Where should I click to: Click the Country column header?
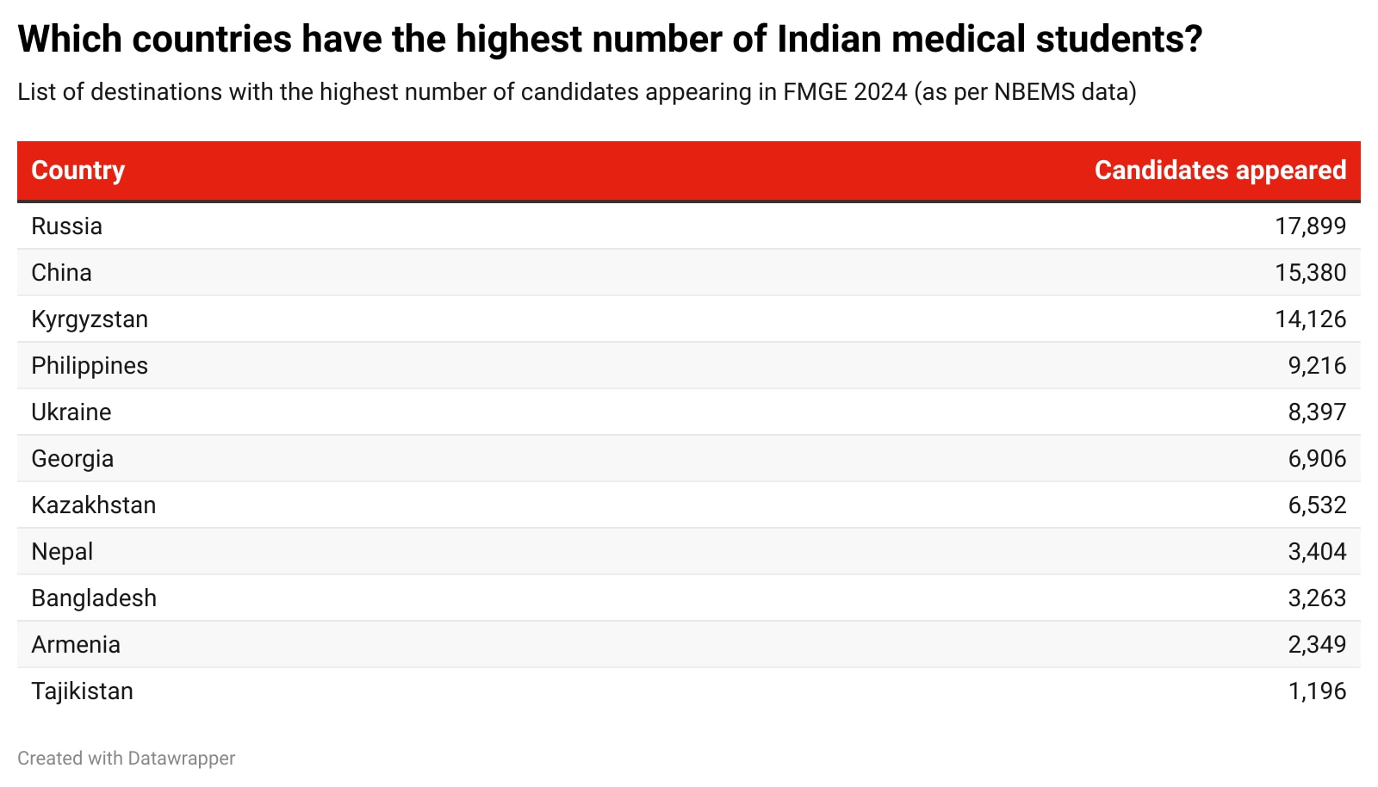pyautogui.click(x=78, y=170)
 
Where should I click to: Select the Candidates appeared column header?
pyautogui.click(x=1220, y=170)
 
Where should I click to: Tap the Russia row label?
pyautogui.click(x=67, y=226)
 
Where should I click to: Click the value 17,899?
pyautogui.click(x=1310, y=226)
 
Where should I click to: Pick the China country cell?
pyautogui.click(x=62, y=273)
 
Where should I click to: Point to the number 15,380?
pyautogui.click(x=1310, y=273)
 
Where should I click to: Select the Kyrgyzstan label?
pyautogui.click(x=90, y=319)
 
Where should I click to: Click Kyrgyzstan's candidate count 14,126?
pyautogui.click(x=1310, y=319)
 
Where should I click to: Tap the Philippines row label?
pyautogui.click(x=90, y=366)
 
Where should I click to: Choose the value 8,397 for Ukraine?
pyautogui.click(x=1317, y=412)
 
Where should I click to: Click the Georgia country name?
pyautogui.click(x=72, y=459)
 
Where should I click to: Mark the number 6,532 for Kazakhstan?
pyautogui.click(x=1317, y=505)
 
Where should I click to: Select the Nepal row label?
pyautogui.click(x=62, y=552)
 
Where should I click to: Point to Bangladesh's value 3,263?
pyautogui.click(x=1317, y=598)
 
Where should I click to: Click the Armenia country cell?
pyautogui.click(x=76, y=645)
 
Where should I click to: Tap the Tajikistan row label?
pyautogui.click(x=83, y=691)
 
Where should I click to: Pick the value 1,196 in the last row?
pyautogui.click(x=1317, y=691)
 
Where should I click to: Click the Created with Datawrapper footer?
pyautogui.click(x=127, y=759)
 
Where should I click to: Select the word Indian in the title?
pyautogui.click(x=828, y=40)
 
